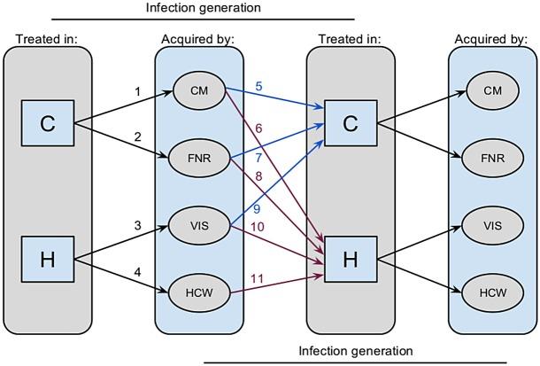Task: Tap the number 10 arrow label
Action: click(x=258, y=229)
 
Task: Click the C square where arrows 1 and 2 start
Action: click(x=48, y=124)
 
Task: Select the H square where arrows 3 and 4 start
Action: click(x=48, y=260)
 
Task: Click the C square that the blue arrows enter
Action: click(x=351, y=124)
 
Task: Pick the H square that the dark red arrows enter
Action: click(x=351, y=260)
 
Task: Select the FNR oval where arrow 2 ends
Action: click(x=198, y=159)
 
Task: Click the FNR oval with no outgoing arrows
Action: click(x=492, y=159)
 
